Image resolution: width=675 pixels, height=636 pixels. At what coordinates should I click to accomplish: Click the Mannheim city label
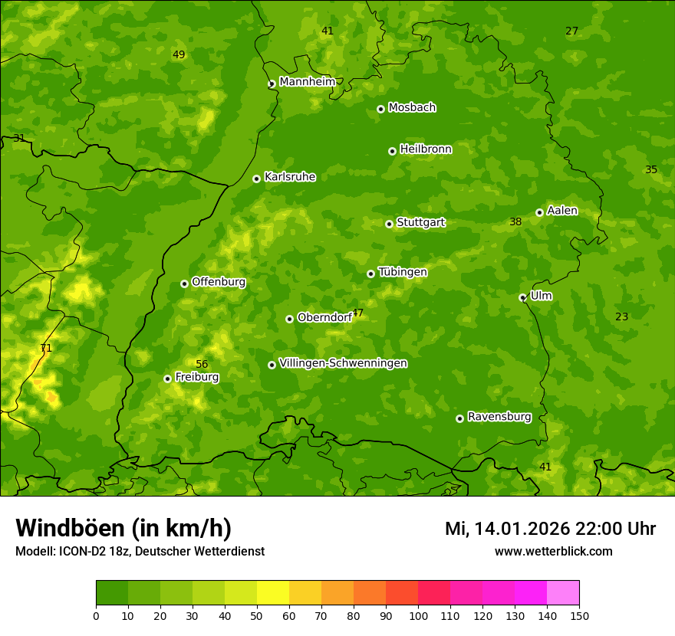(x=307, y=82)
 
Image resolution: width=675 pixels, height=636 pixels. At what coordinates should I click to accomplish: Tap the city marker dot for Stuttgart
(x=389, y=224)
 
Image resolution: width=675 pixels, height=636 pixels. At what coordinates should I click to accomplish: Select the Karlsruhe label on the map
(x=290, y=177)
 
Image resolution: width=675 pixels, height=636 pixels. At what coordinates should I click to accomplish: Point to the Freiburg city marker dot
(x=167, y=379)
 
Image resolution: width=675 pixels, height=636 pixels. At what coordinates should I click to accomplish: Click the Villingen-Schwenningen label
(x=343, y=363)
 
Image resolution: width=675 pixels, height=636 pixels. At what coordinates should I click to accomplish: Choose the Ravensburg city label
(x=499, y=417)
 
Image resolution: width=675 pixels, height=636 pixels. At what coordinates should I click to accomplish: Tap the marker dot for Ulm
(x=522, y=297)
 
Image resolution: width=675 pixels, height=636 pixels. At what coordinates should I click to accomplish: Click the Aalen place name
(x=562, y=211)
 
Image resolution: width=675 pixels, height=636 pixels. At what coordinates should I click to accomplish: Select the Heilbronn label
(x=426, y=149)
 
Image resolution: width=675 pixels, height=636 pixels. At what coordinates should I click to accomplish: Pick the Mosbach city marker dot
(x=380, y=109)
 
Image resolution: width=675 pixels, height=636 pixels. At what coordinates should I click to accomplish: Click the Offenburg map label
(x=219, y=282)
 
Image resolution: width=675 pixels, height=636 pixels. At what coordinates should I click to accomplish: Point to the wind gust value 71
(x=46, y=349)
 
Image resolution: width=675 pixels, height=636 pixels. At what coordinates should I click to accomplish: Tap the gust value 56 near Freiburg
(x=202, y=365)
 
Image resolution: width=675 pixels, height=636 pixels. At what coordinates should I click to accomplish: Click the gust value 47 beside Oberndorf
(x=357, y=313)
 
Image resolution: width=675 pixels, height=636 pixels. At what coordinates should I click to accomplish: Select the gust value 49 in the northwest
(x=179, y=55)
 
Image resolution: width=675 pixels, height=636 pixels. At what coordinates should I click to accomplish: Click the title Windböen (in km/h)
(x=123, y=528)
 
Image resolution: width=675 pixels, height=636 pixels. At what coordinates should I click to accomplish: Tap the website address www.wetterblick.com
(x=553, y=552)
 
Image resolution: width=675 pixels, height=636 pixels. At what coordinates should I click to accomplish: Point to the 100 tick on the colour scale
(x=418, y=615)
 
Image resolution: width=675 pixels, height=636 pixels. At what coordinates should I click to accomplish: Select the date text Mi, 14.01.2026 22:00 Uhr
(x=550, y=529)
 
